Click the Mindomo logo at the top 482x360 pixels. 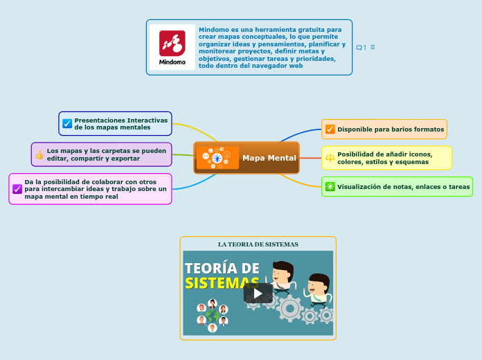point(172,46)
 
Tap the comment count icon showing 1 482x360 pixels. point(361,47)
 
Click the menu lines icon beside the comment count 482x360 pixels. point(373,47)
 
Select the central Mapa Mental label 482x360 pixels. point(269,158)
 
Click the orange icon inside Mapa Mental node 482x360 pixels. point(217,158)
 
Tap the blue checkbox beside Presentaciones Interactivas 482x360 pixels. point(67,123)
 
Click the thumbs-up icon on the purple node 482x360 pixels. point(39,154)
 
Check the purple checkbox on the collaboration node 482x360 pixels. point(17,189)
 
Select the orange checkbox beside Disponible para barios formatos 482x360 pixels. point(330,129)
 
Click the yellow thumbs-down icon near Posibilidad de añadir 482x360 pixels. point(330,158)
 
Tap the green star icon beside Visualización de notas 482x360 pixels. point(330,186)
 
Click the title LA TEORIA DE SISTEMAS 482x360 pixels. point(258,244)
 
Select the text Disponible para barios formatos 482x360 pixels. point(391,129)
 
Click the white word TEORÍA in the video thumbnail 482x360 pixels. point(222,268)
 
